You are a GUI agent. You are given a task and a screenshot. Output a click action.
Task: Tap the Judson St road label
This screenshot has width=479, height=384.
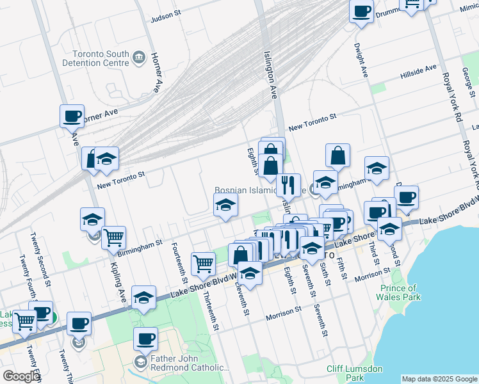click(166, 18)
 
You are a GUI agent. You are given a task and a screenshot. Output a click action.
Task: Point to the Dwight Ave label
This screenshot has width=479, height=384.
click(361, 61)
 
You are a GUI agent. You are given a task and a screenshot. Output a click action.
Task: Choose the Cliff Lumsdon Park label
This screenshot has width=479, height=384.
click(355, 373)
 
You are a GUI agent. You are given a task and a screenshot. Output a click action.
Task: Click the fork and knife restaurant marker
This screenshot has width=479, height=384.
click(289, 185)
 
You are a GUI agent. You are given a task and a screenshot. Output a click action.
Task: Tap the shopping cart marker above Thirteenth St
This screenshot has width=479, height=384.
click(203, 262)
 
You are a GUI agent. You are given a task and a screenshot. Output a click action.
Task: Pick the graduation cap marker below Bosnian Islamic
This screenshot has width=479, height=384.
click(225, 206)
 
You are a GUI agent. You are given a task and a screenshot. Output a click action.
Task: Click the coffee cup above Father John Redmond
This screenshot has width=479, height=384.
click(145, 337)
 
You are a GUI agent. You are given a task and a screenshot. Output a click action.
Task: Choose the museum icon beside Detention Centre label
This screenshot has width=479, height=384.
click(138, 59)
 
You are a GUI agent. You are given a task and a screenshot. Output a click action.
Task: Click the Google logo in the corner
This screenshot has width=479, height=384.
click(21, 376)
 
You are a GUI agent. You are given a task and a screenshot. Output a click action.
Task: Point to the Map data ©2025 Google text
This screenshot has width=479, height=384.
click(439, 379)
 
